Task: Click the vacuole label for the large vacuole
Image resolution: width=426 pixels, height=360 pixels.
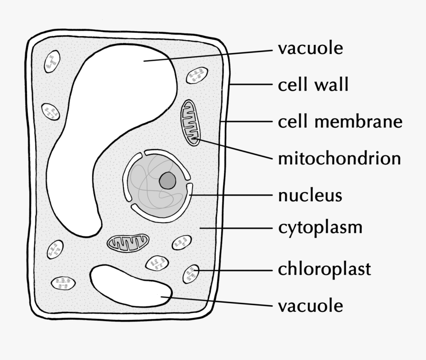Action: (310, 48)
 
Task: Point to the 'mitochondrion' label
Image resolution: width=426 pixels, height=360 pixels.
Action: (339, 158)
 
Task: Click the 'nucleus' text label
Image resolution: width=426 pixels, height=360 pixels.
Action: (310, 194)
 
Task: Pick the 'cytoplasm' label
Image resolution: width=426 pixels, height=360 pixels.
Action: (320, 228)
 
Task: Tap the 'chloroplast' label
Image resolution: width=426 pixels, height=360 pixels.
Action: (324, 269)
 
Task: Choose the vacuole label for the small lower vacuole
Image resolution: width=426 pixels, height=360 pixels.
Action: (310, 305)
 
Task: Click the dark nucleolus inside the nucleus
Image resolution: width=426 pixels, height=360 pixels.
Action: (167, 180)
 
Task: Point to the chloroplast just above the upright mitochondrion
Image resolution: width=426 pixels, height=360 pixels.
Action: (196, 75)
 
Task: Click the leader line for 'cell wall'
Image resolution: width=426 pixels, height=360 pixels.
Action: (251, 85)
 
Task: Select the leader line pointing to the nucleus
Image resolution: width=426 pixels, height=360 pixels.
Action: (232, 194)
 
